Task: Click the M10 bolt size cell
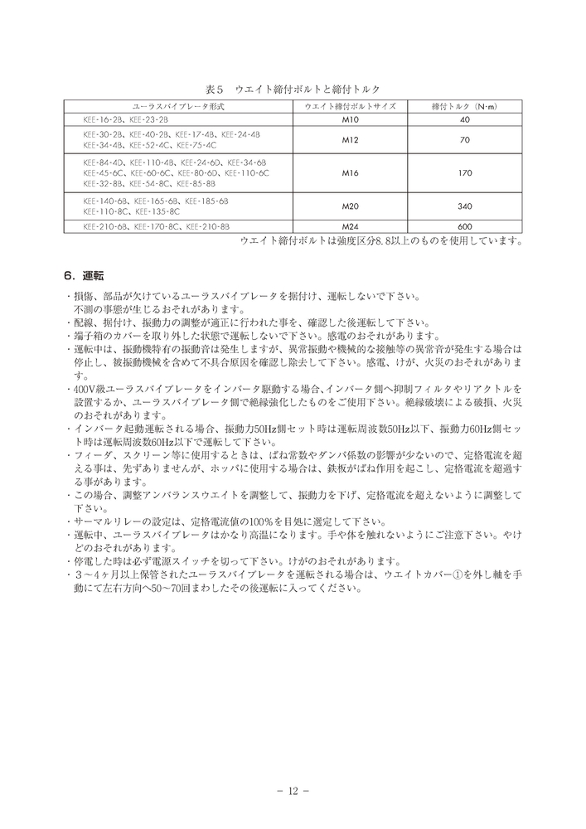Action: (351, 120)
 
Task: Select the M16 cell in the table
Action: (351, 174)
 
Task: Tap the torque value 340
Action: (464, 205)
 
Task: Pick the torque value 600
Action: (464, 226)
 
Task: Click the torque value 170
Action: (464, 174)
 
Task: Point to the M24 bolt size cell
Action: (351, 226)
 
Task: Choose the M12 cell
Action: (351, 139)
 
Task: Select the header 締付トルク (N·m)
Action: (463, 107)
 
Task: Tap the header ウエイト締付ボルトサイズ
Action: (351, 107)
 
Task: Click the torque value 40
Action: (464, 120)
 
